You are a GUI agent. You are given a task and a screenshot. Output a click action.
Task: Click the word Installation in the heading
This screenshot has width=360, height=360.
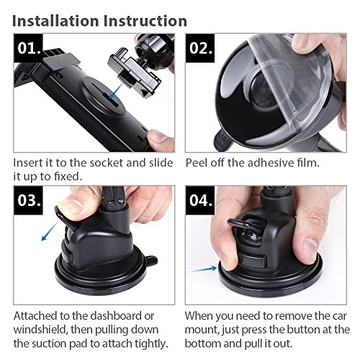[x=55, y=21]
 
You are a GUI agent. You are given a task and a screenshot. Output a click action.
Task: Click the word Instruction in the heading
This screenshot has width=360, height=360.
[x=145, y=21]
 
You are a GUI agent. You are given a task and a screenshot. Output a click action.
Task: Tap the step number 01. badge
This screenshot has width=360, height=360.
[x=28, y=48]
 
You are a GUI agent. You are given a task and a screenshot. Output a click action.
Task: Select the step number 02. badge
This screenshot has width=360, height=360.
[x=200, y=48]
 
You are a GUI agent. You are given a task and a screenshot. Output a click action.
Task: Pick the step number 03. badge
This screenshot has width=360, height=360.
[x=28, y=200]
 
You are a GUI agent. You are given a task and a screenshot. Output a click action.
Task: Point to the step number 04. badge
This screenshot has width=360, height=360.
[x=200, y=200]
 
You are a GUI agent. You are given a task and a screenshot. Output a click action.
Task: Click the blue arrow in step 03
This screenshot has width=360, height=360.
[x=50, y=231]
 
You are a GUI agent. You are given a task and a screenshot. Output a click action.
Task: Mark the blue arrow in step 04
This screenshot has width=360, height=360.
[x=202, y=269]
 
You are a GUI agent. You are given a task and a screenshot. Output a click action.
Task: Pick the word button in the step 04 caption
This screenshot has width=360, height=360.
[x=303, y=330]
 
